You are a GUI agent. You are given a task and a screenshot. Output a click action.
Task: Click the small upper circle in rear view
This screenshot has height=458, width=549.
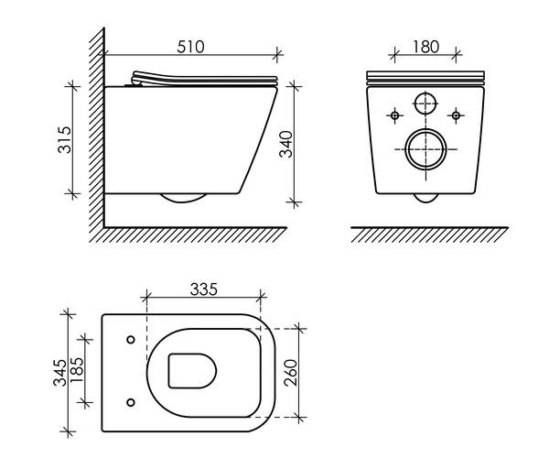click(x=425, y=104)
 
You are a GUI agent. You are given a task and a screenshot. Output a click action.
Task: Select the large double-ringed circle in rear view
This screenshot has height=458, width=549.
click(x=425, y=150)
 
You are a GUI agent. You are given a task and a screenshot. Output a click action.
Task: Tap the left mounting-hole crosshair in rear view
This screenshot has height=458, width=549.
click(x=395, y=115)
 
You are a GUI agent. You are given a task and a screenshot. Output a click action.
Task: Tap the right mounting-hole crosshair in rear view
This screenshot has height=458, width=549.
click(x=455, y=115)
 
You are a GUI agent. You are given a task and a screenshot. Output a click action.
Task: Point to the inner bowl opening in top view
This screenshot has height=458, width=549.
click(x=192, y=371)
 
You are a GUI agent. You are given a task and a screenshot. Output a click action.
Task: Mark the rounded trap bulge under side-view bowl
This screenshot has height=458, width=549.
click(x=183, y=199)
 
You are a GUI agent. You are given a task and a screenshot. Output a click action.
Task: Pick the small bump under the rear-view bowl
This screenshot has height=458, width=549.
click(x=425, y=198)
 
